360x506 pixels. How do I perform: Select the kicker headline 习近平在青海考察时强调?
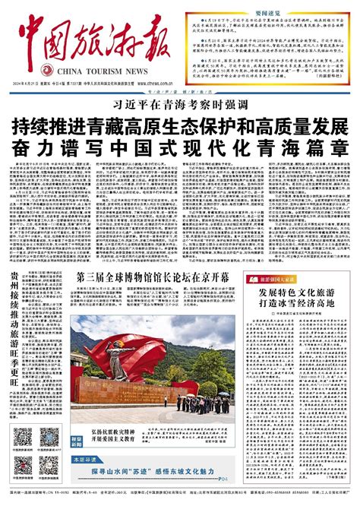click(179, 107)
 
